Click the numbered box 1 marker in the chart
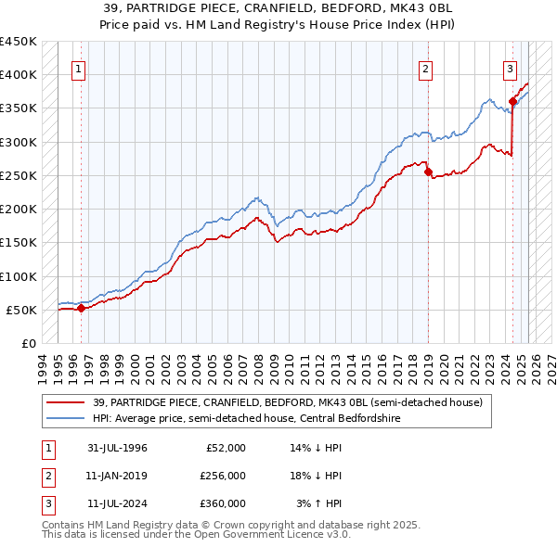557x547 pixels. coord(78,68)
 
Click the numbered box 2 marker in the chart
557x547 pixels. coord(425,68)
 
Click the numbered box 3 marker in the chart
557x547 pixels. coord(510,68)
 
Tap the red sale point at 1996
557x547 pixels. coord(81,309)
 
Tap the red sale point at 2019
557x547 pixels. coord(428,172)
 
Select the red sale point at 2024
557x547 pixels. coord(512,102)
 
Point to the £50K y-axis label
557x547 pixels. coord(22,310)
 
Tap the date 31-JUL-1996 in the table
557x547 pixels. coord(117,448)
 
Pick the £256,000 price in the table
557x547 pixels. coord(222,476)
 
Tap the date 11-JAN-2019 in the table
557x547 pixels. coord(117,476)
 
